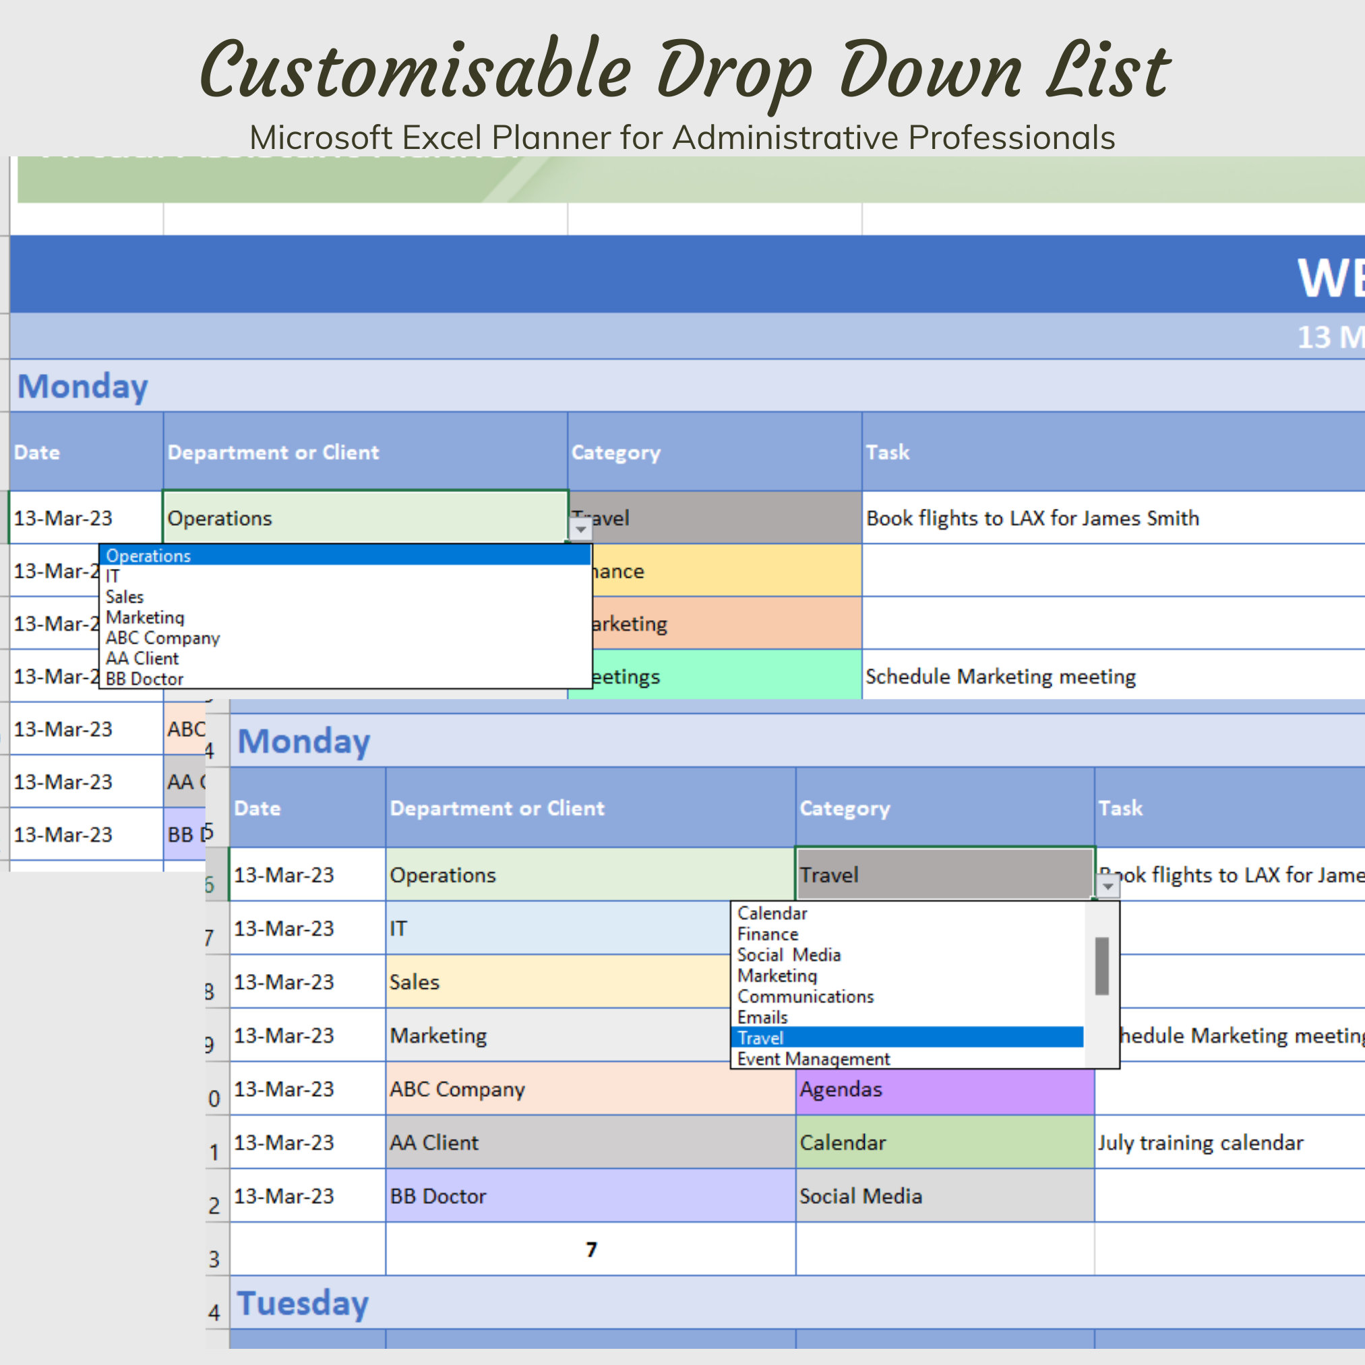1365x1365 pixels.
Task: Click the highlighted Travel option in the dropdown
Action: click(x=907, y=1038)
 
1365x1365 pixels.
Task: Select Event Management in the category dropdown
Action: click(x=813, y=1059)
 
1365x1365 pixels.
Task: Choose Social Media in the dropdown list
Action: click(x=789, y=955)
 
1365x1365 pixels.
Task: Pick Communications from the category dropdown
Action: click(x=806, y=997)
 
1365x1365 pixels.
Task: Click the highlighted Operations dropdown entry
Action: click(x=344, y=556)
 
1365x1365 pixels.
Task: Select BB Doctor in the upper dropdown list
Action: click(x=145, y=679)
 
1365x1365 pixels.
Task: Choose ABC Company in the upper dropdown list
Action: click(x=162, y=638)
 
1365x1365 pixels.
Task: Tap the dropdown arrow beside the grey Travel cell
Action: click(x=1108, y=885)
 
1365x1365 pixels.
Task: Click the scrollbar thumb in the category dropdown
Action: click(x=1101, y=966)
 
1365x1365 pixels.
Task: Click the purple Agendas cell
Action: click(x=944, y=1089)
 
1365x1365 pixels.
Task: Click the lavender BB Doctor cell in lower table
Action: click(x=589, y=1196)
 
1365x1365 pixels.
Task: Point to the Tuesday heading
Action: click(x=303, y=1304)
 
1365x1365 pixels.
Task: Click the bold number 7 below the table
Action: click(x=591, y=1250)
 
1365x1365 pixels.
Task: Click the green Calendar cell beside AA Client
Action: click(x=944, y=1143)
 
